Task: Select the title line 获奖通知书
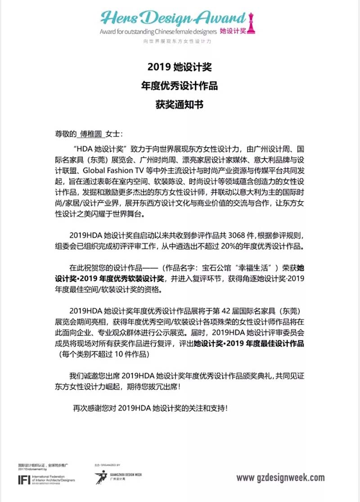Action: (180, 105)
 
